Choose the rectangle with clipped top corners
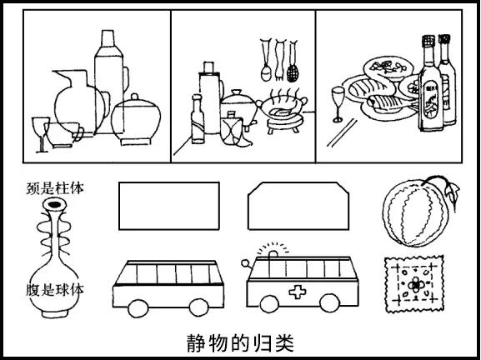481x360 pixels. [x=288, y=206]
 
